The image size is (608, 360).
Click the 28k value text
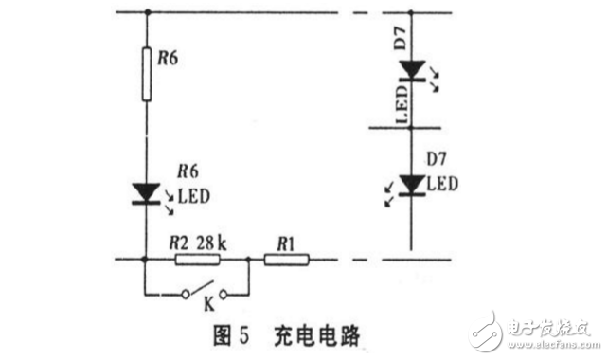210,243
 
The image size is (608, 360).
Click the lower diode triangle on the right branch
410,184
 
